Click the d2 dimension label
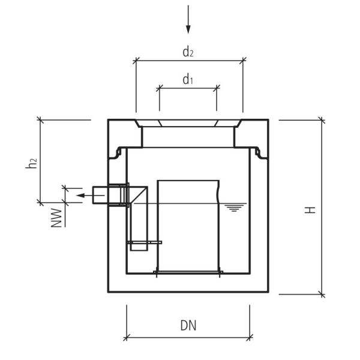tap(188, 52)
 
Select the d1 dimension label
tap(188, 79)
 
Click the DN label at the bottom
tap(188, 326)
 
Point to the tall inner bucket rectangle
tap(188, 225)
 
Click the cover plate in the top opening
tap(188, 124)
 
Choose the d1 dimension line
tap(188, 88)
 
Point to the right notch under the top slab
tap(259, 153)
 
